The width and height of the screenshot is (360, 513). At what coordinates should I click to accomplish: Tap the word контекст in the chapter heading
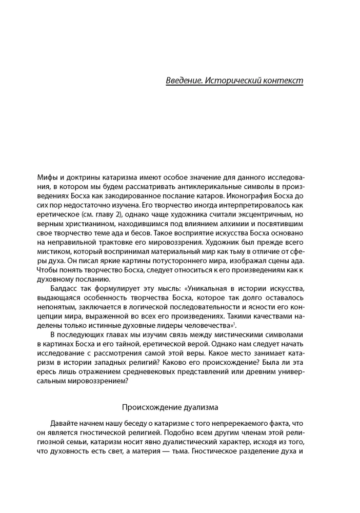(x=284, y=81)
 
